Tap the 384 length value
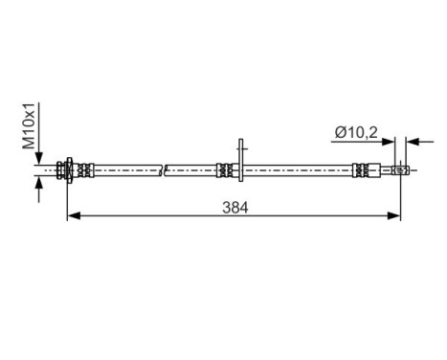coord(233,205)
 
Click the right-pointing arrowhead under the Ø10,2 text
coord(390,143)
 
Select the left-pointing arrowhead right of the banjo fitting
coord(412,143)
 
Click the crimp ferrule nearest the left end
coord(85,170)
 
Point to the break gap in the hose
coord(165,170)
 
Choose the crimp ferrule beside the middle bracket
coord(224,170)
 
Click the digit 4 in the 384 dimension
coord(243,205)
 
